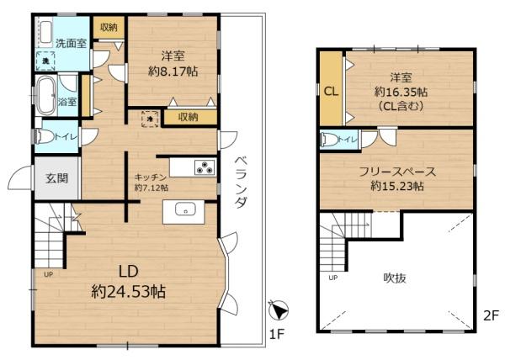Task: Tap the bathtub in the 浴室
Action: pyautogui.click(x=45, y=94)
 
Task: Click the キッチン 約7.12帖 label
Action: pyautogui.click(x=151, y=183)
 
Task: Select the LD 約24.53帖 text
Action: pyautogui.click(x=128, y=283)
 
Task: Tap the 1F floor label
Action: pyautogui.click(x=274, y=336)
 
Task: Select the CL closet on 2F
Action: pyautogui.click(x=331, y=92)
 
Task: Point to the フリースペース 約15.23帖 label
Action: pyautogui.click(x=396, y=178)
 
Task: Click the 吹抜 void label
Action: pyautogui.click(x=395, y=277)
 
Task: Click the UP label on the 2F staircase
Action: pyautogui.click(x=332, y=278)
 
